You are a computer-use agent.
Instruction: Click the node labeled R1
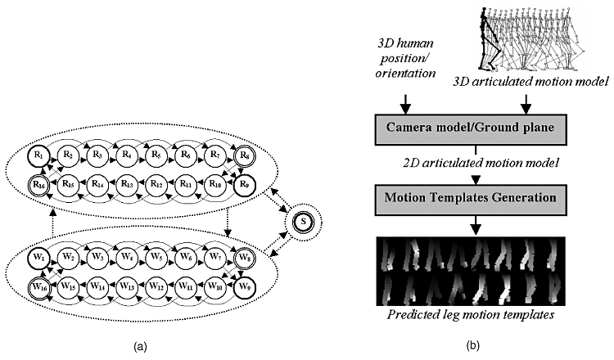click(38, 154)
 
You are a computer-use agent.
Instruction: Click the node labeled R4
click(126, 154)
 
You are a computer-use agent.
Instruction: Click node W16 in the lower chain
click(38, 287)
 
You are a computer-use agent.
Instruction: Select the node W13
click(126, 287)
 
